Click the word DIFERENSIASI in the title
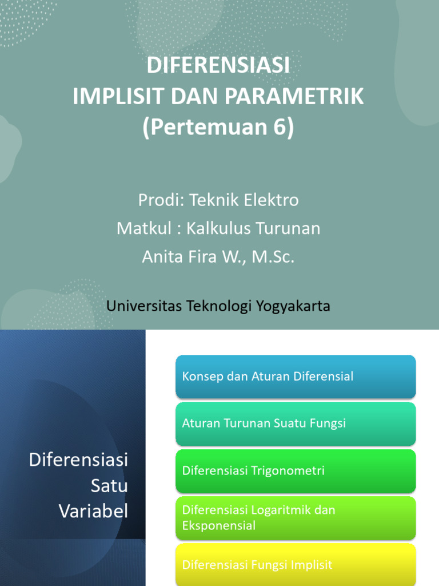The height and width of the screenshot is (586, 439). point(218,66)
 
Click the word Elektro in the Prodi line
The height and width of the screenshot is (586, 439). point(274,200)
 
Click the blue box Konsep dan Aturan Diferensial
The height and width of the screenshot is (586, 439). point(295,377)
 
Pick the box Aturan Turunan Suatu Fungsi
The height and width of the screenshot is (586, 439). point(295,423)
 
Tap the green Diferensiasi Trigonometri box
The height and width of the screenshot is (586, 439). point(295,471)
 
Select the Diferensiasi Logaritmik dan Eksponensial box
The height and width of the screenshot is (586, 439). point(295,518)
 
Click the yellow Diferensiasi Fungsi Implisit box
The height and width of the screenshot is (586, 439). point(295,564)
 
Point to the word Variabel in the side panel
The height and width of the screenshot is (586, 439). point(94,511)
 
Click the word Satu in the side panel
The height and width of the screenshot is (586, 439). point(109,486)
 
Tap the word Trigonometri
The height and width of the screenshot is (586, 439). point(288,471)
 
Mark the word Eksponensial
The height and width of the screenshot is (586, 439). point(219,525)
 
